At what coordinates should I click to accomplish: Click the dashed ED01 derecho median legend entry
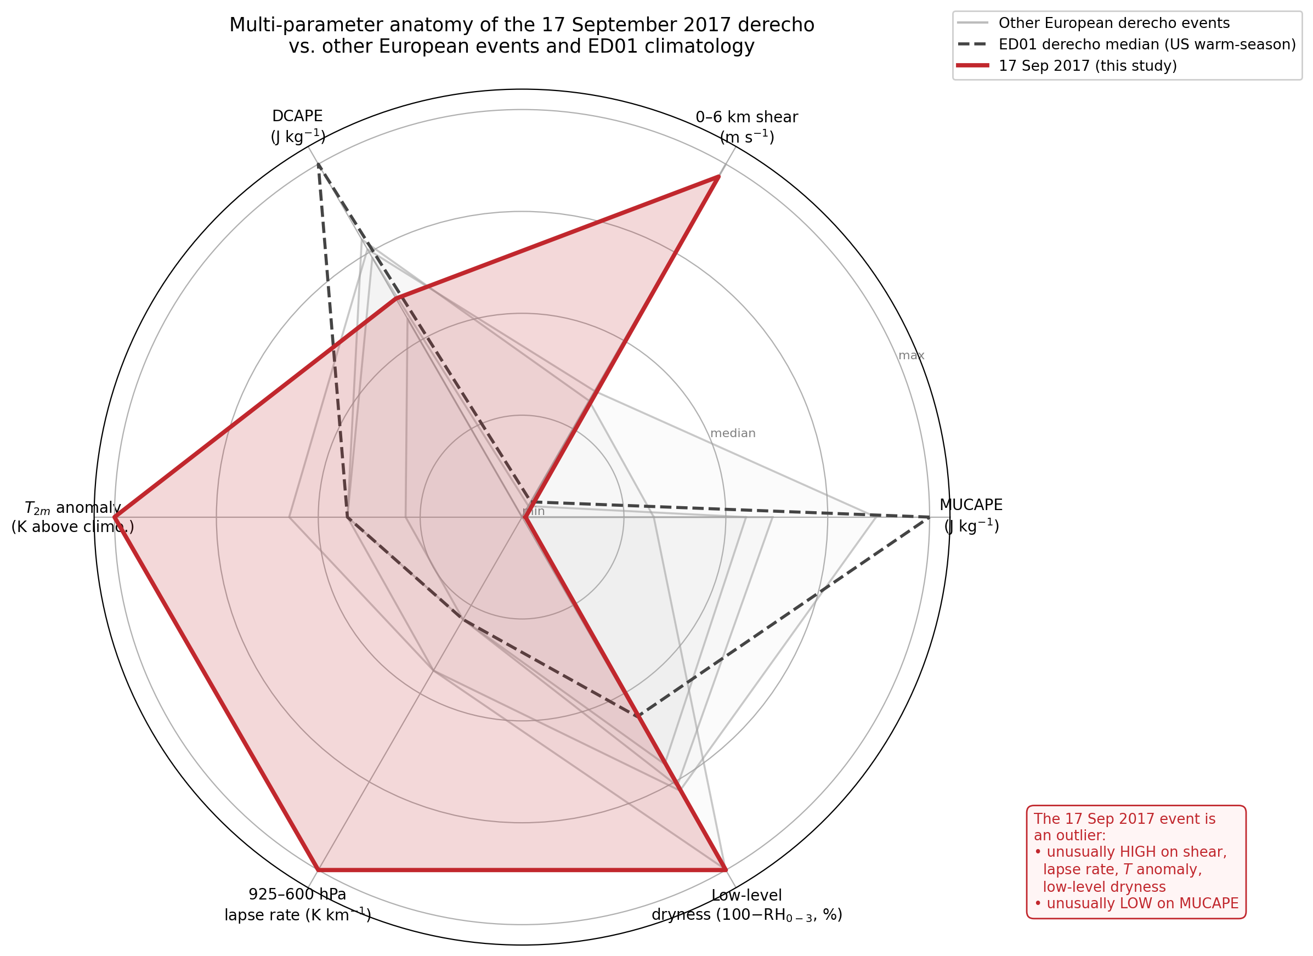tap(1146, 44)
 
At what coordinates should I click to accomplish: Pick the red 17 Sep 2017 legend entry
tap(1087, 66)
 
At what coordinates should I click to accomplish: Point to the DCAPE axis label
tap(298, 126)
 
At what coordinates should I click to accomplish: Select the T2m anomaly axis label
tap(72, 517)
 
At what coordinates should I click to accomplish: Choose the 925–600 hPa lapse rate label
tap(298, 904)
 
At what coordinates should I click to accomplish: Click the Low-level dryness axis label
tap(746, 905)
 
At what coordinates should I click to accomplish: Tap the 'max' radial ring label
tap(910, 355)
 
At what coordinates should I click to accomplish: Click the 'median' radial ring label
tap(732, 433)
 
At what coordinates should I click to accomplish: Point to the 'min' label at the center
tap(533, 511)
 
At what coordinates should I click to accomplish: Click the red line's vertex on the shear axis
tap(718, 177)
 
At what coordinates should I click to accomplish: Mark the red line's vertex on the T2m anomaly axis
tap(115, 517)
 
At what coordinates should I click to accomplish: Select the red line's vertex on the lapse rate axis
tap(318, 870)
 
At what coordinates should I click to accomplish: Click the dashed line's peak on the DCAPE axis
tap(318, 165)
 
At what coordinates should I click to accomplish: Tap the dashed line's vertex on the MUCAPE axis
tap(929, 517)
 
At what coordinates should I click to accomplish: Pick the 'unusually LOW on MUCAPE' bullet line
tap(1136, 903)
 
